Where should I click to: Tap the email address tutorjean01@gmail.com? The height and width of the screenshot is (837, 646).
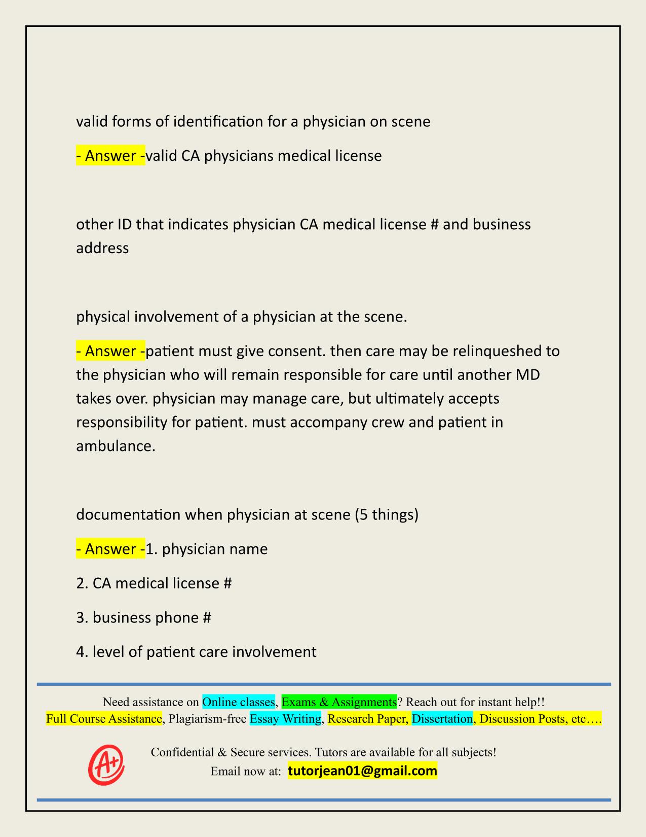362,771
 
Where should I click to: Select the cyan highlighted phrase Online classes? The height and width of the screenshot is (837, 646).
238,702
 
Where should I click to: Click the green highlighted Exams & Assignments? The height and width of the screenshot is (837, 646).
339,702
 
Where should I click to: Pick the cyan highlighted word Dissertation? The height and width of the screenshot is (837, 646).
442,719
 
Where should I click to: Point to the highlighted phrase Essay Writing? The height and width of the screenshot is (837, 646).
285,719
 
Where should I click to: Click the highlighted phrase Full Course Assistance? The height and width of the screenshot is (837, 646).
104,719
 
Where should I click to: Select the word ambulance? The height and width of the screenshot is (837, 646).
115,446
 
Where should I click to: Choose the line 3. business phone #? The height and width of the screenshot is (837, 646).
143,617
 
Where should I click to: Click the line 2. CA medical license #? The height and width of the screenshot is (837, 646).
154,583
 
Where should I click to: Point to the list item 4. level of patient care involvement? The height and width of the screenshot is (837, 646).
196,651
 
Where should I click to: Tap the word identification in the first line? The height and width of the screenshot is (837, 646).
226,122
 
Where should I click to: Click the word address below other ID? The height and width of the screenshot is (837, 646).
102,248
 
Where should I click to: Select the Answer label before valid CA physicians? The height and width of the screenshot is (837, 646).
110,156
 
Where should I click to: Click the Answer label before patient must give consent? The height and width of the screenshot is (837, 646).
110,351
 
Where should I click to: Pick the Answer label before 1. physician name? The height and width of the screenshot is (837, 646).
110,549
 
